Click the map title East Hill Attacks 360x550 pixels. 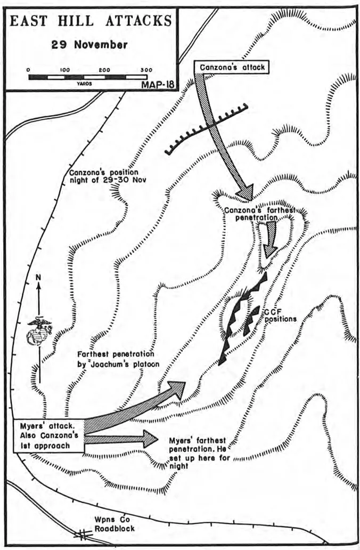tap(91, 22)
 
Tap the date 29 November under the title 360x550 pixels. tap(89, 45)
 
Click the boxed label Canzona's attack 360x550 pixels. tap(232, 67)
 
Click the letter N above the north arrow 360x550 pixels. tap(38, 278)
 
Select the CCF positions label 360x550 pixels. tap(281, 316)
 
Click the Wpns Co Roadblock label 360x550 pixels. tap(114, 524)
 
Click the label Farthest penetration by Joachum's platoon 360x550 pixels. tap(118, 359)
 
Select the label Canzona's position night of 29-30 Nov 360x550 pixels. tap(108, 176)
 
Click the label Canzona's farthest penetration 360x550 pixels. tap(259, 214)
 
